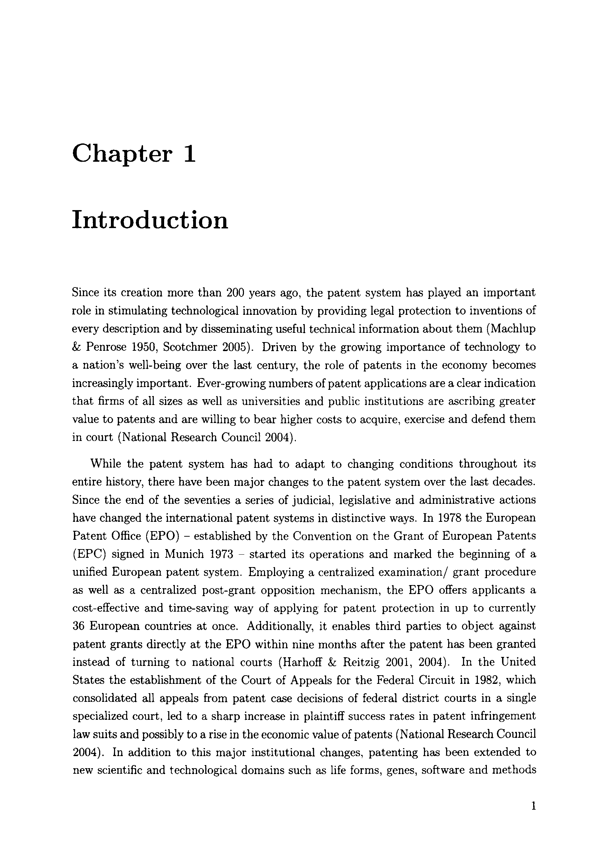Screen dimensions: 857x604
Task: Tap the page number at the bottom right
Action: tap(534, 807)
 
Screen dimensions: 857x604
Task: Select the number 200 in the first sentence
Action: tap(236, 292)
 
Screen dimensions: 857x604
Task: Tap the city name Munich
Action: tap(184, 554)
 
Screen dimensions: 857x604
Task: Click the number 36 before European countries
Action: tap(78, 626)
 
